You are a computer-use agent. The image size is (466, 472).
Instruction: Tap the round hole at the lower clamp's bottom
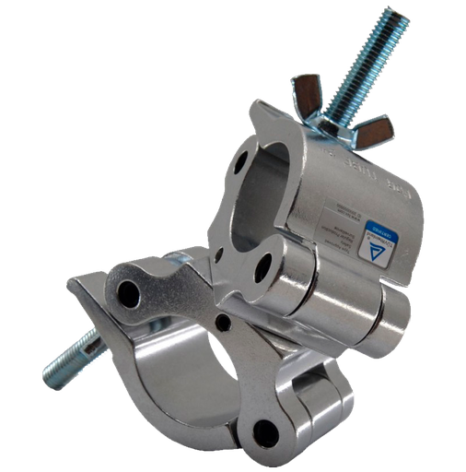(x=267, y=429)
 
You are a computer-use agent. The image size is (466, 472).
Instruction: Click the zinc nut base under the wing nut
(x=337, y=125)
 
